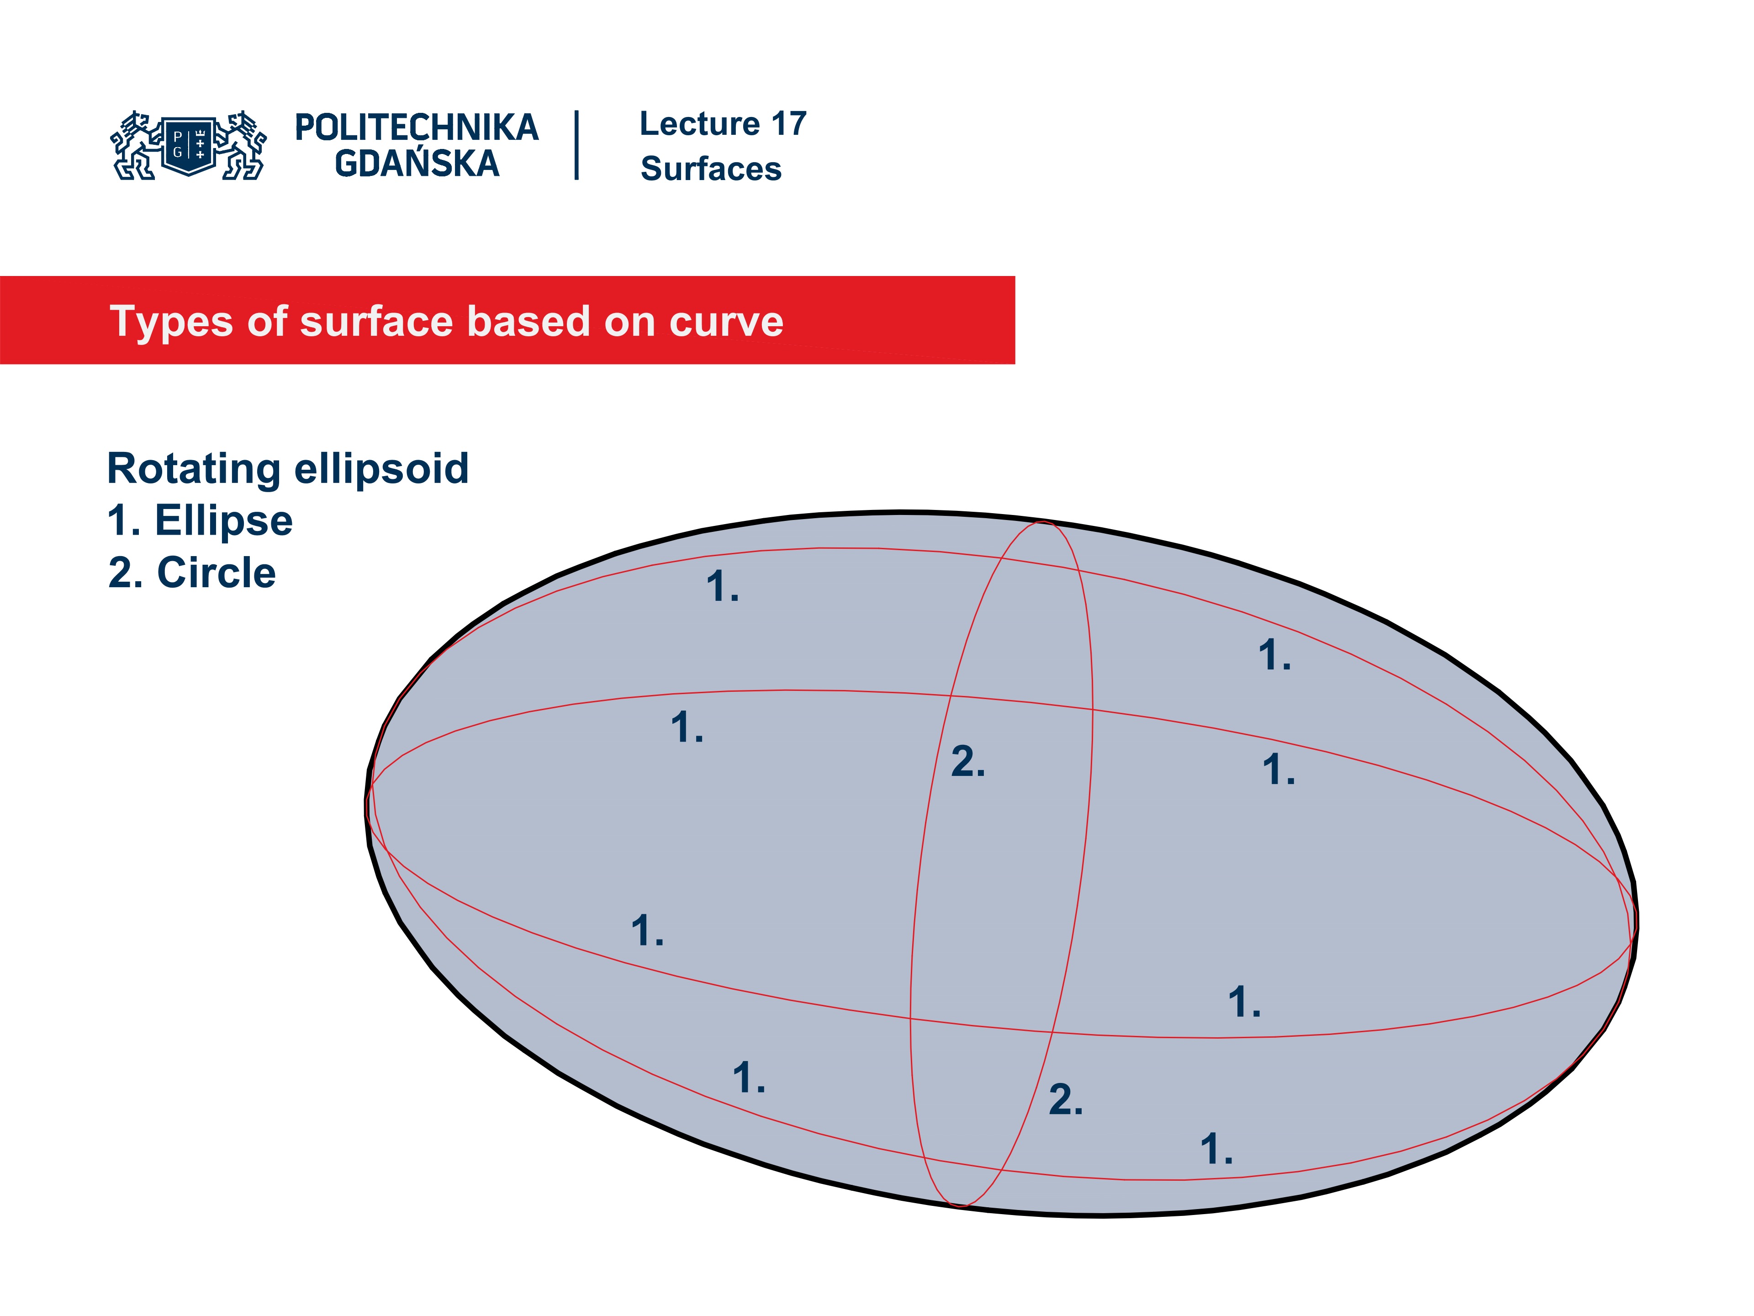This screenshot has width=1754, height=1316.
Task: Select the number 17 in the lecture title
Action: click(x=788, y=124)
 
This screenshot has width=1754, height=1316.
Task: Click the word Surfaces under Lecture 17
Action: click(x=710, y=169)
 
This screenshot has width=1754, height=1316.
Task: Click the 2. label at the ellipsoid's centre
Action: click(x=967, y=762)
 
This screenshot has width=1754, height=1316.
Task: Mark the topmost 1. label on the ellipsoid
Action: click(x=722, y=587)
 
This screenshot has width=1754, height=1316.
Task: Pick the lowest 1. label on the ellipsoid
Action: click(x=1215, y=1149)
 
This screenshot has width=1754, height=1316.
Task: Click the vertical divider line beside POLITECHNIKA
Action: click(x=576, y=145)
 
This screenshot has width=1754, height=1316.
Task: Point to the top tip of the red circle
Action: click(x=1042, y=522)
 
